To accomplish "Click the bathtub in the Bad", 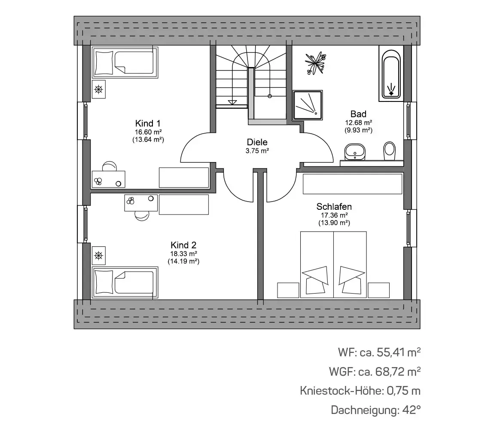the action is [x=391, y=74].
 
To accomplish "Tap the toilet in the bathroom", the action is [x=390, y=151].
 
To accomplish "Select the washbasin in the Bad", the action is [x=355, y=152].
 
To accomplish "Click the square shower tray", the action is [x=308, y=105].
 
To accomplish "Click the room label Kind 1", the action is [x=148, y=123].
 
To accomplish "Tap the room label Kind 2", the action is [x=183, y=245].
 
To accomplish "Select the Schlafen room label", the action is [x=334, y=206].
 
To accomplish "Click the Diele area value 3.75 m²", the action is [x=257, y=151].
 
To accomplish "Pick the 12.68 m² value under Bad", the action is [x=359, y=123].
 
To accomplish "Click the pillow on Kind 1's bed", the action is [x=104, y=63].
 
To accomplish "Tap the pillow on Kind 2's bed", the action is [x=104, y=282].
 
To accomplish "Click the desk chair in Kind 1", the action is [x=109, y=166].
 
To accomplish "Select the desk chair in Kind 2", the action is [x=142, y=216].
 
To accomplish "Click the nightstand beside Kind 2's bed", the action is [x=99, y=255].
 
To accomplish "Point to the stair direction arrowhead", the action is [x=232, y=102].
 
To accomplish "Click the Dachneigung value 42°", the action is [x=412, y=410].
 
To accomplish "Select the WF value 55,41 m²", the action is [x=399, y=352].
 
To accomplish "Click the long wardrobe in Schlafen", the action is [x=353, y=184].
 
